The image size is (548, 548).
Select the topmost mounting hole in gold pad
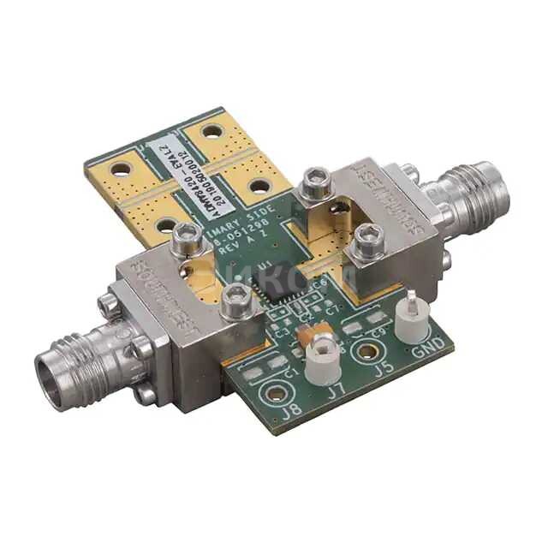212,131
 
